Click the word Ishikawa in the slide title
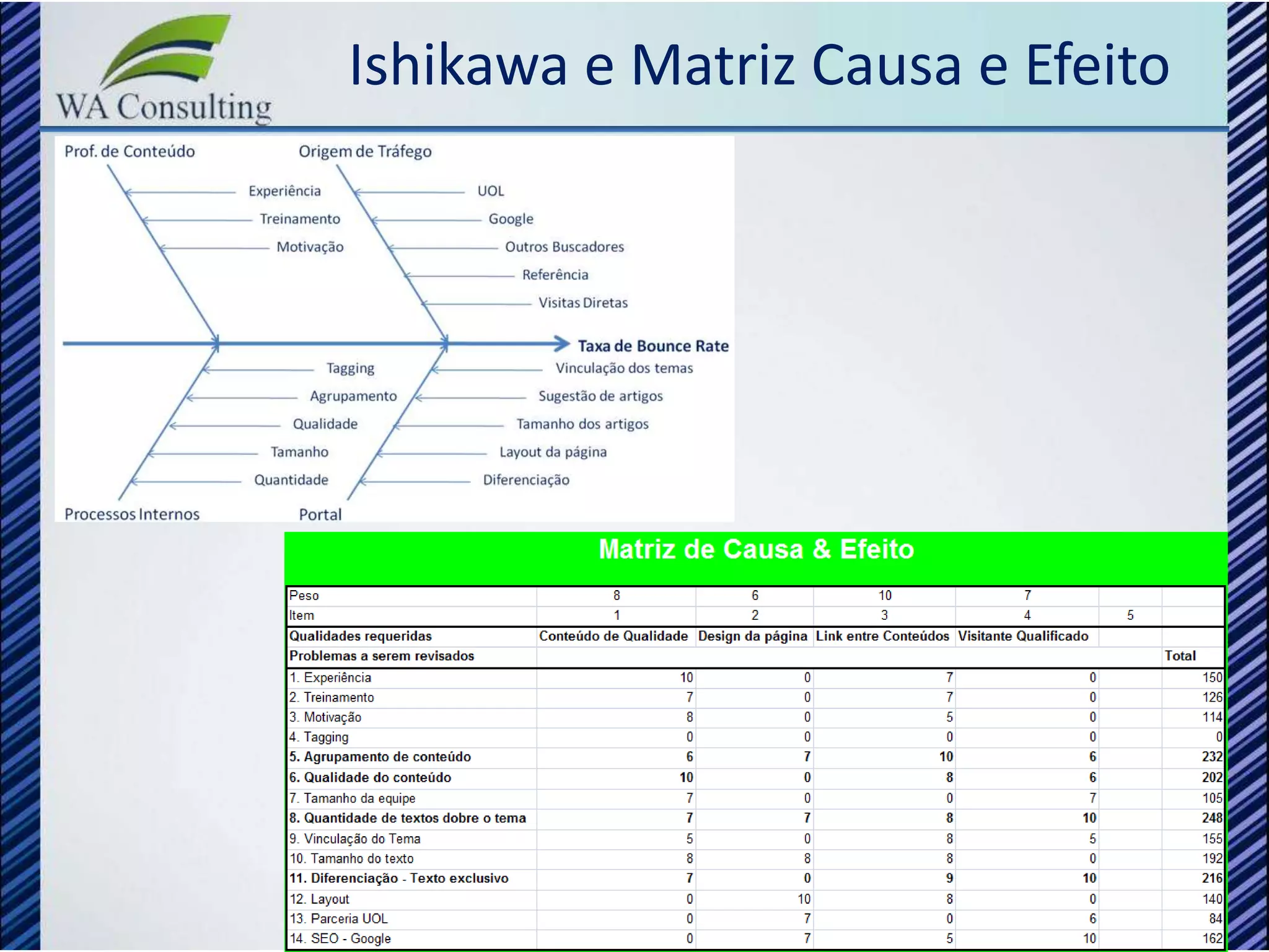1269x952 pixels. (458, 65)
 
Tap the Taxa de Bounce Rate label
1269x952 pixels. (652, 346)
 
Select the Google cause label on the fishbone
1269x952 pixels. (511, 219)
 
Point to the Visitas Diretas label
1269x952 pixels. (582, 302)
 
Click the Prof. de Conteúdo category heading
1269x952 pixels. (130, 151)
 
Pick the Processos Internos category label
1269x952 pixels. (132, 514)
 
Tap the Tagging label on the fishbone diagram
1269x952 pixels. (350, 368)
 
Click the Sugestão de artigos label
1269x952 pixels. (600, 396)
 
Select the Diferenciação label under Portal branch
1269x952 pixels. (525, 480)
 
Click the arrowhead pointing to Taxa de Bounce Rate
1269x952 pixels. (562, 343)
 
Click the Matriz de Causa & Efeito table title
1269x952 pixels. (756, 549)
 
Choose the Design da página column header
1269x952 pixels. (752, 636)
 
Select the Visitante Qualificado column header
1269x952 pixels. (1022, 636)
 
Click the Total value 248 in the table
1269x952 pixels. (1211, 818)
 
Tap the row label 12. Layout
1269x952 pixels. (320, 899)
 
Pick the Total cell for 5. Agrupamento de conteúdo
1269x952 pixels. (1211, 757)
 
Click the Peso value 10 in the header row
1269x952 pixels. (884, 596)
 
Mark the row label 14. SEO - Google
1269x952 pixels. (340, 938)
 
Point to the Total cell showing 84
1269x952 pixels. (1214, 919)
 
